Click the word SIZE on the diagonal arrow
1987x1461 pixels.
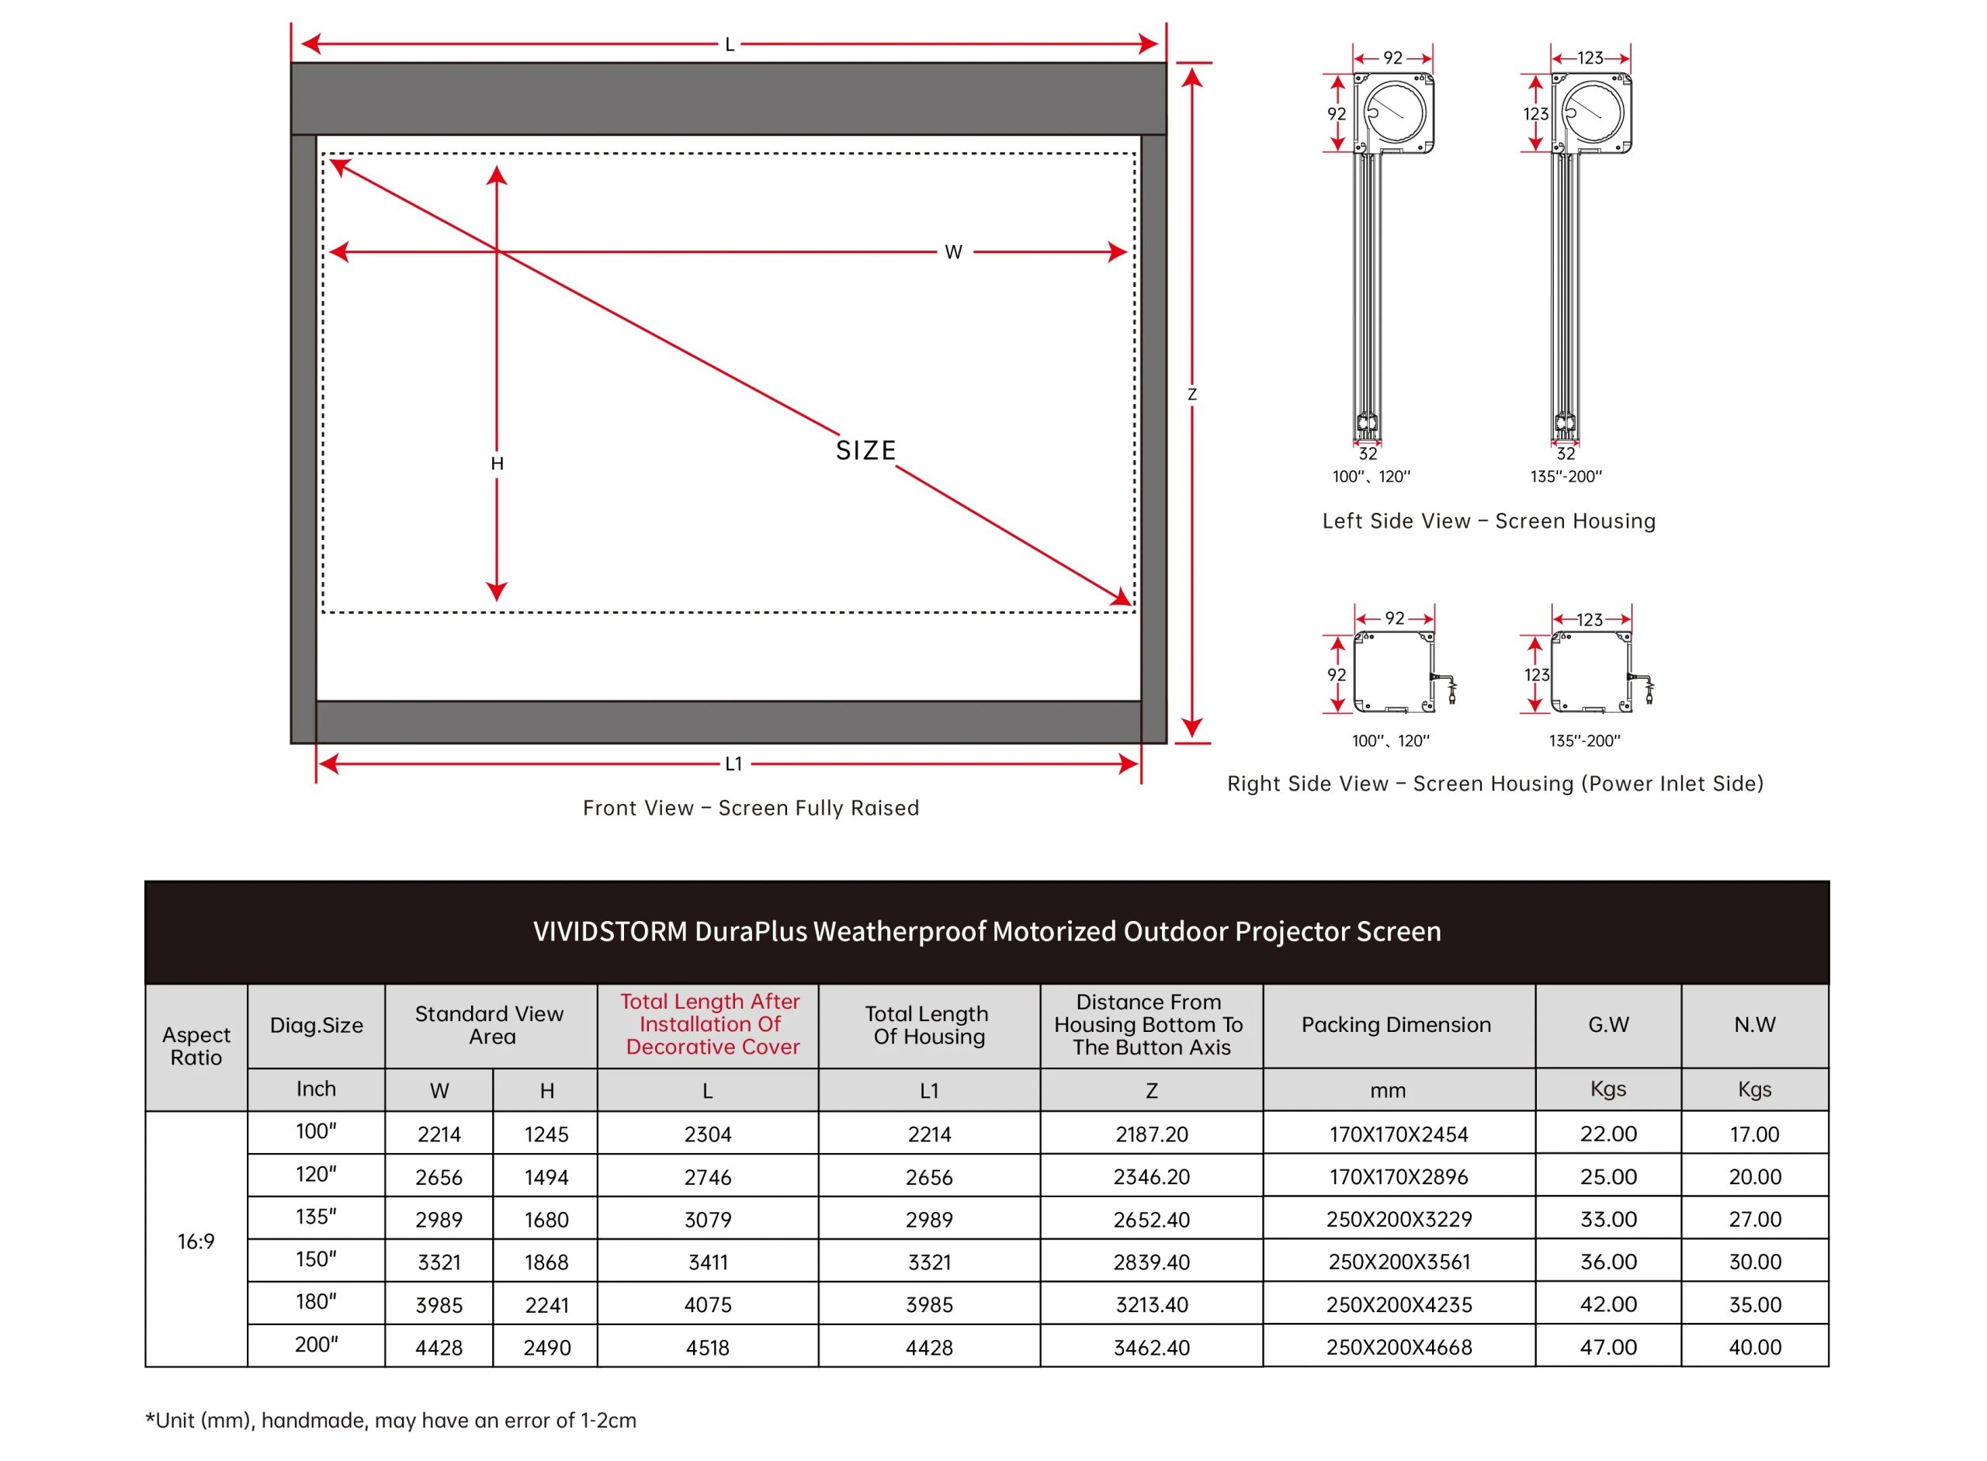[x=865, y=451]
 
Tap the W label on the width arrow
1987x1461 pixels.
[x=953, y=253]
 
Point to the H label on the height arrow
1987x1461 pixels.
[x=498, y=463]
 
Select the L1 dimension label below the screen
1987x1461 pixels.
[x=733, y=764]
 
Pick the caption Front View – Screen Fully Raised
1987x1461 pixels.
[x=751, y=808]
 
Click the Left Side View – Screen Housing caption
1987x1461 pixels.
[x=1488, y=521]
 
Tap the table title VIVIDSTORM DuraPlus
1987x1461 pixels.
[x=987, y=931]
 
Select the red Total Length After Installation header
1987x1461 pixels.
[x=709, y=1024]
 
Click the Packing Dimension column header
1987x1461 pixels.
[x=1395, y=1025]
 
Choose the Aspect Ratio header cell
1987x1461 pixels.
[x=196, y=1046]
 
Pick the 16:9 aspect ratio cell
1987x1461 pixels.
[x=196, y=1241]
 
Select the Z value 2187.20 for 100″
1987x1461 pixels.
[x=1151, y=1134]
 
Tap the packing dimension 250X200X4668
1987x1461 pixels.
[x=1399, y=1348]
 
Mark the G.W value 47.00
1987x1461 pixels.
[x=1607, y=1348]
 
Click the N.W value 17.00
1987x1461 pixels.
[x=1753, y=1134]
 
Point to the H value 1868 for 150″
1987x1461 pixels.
[x=546, y=1263]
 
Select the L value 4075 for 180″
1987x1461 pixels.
[x=708, y=1305]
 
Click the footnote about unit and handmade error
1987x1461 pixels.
[x=391, y=1421]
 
